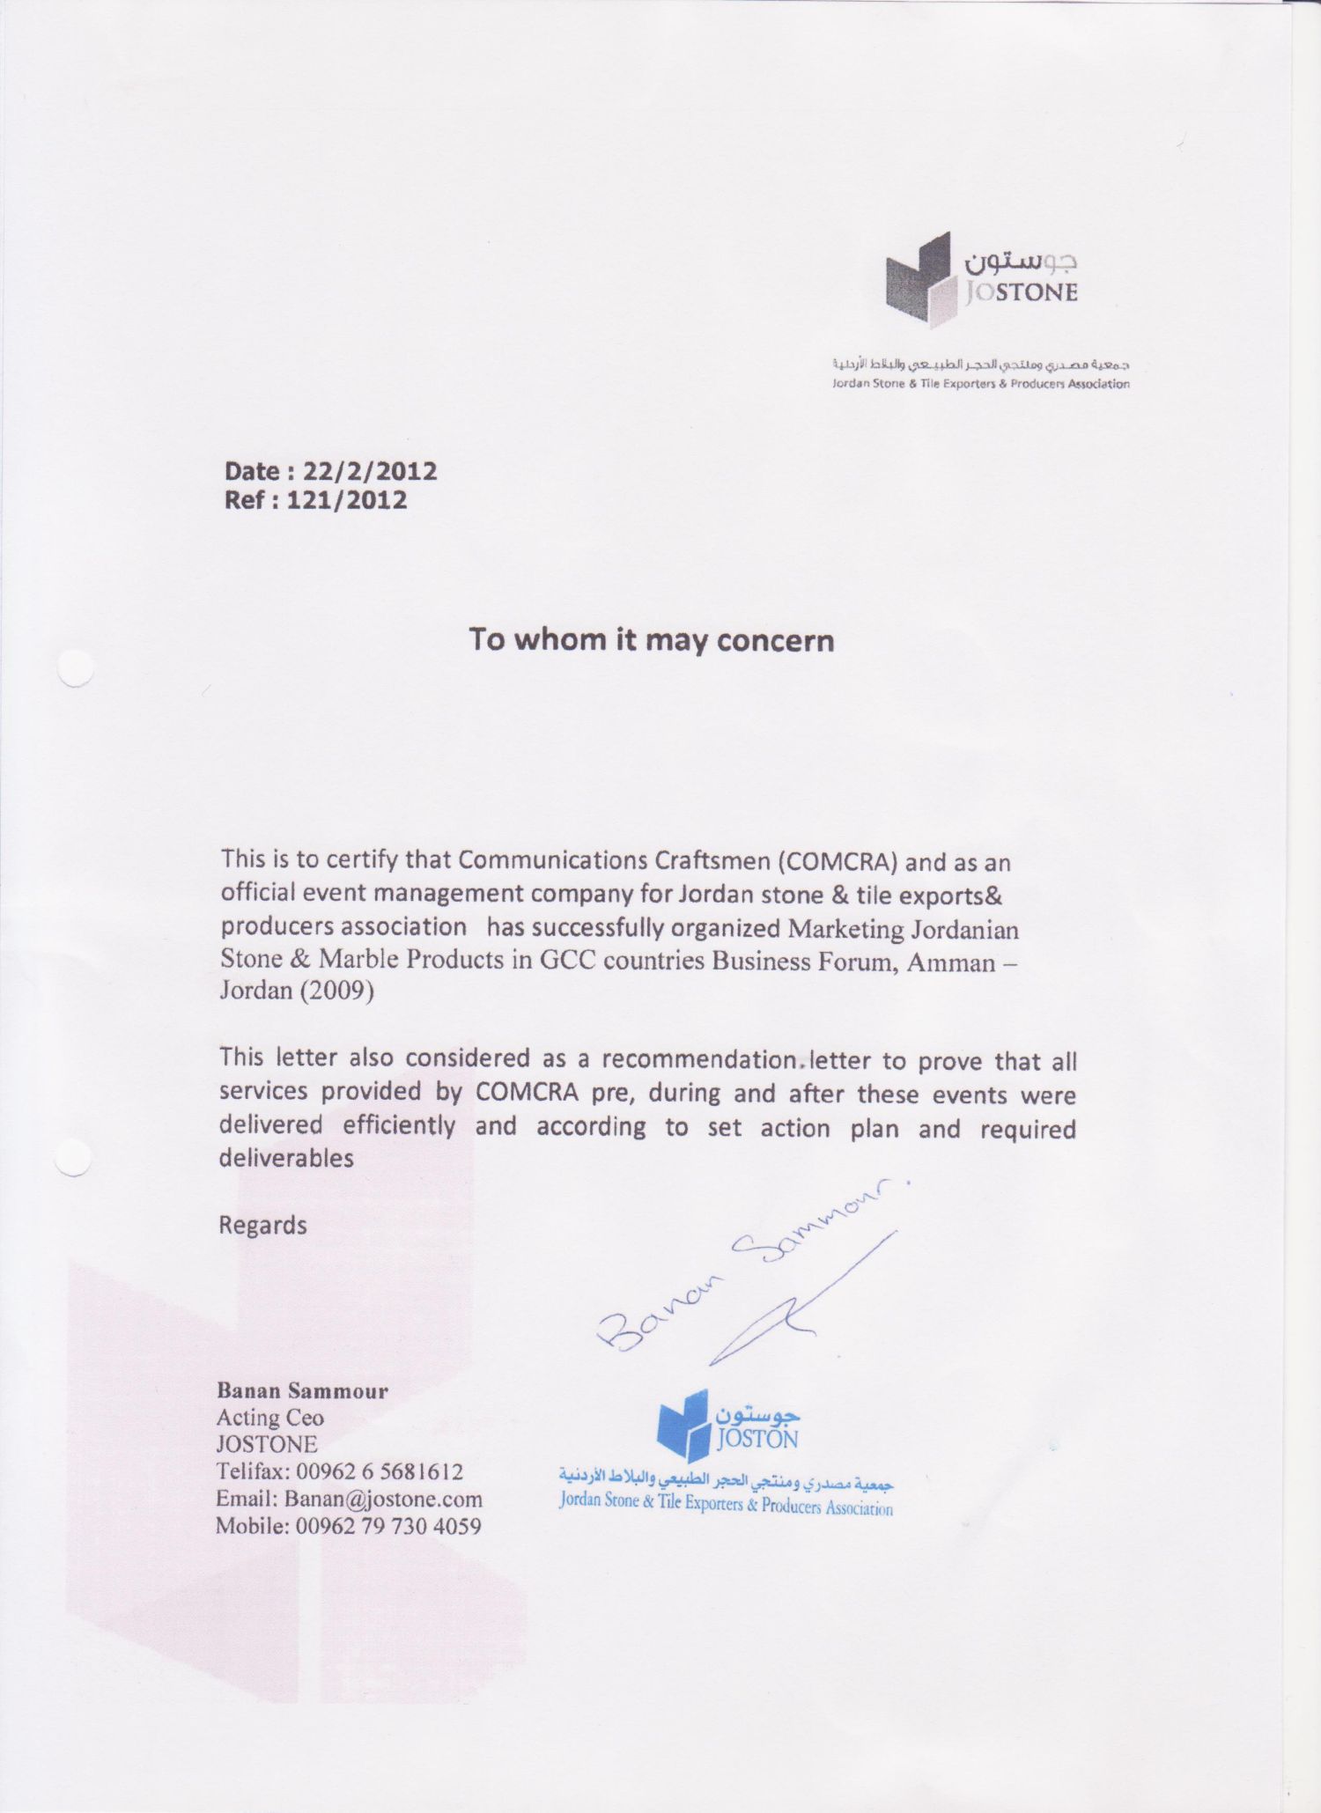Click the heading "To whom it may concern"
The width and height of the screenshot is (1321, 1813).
pyautogui.click(x=651, y=639)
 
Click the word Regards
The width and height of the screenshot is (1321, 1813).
pyautogui.click(x=262, y=1226)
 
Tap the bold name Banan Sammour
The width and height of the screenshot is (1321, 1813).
pyautogui.click(x=302, y=1391)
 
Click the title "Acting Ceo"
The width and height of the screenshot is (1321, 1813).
pyautogui.click(x=270, y=1418)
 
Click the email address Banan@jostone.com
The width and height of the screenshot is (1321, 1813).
pyautogui.click(x=383, y=1499)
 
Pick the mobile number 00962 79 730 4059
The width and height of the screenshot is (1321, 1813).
pyautogui.click(x=388, y=1526)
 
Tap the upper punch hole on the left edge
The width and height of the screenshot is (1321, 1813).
pyautogui.click(x=75, y=668)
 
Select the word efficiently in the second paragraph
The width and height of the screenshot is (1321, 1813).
pyautogui.click(x=399, y=1126)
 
